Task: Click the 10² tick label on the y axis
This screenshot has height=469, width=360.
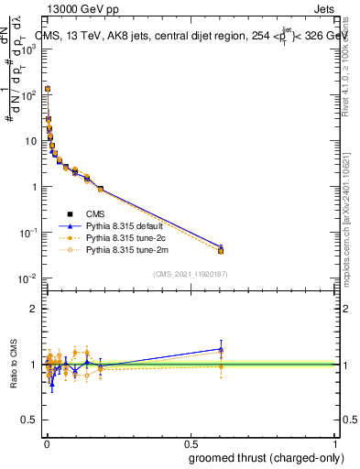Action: (27, 94)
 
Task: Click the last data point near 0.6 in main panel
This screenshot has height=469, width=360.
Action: (221, 249)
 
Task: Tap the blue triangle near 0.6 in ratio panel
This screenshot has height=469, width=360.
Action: (221, 349)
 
